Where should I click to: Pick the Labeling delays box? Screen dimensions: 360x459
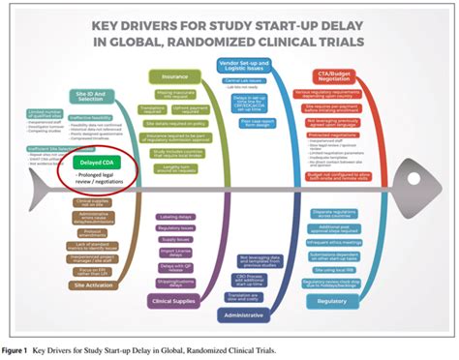173,216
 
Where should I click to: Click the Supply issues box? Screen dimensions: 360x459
175,239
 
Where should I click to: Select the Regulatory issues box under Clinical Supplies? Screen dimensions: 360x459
174,227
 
